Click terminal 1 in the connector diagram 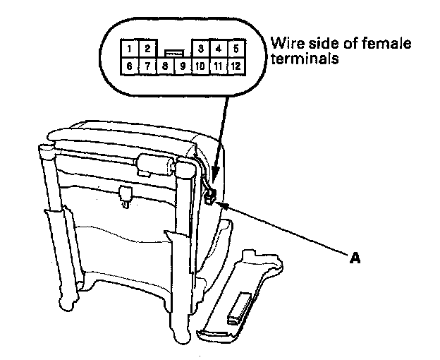(130, 49)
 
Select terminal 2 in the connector (147, 49)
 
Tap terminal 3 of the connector (201, 49)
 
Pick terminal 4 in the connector (219, 49)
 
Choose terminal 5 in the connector (236, 49)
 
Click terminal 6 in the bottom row (130, 66)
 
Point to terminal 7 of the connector (147, 66)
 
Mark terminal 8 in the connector (165, 66)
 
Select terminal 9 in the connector (182, 66)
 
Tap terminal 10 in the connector (200, 66)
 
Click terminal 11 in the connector (219, 66)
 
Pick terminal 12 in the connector (236, 66)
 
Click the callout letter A (355, 258)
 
